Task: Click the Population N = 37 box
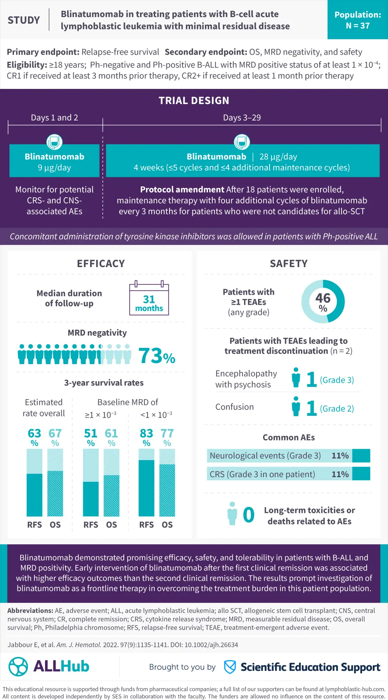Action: tap(357, 20)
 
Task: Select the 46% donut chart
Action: tap(323, 302)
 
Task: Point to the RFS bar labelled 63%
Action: tap(35, 483)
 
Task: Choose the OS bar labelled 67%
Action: tap(55, 483)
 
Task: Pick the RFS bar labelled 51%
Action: tap(91, 483)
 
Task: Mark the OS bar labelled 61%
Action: tap(111, 483)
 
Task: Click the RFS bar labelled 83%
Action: tap(146, 483)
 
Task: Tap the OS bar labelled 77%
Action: tap(167, 483)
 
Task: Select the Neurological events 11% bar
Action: tap(288, 456)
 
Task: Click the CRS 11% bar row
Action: tap(288, 474)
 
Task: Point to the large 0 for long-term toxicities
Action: tap(248, 515)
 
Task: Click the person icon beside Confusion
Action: tap(296, 406)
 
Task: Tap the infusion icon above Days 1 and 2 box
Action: tap(54, 142)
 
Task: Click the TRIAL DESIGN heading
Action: tap(194, 101)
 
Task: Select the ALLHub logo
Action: tap(49, 667)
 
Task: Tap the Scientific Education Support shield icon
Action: tap(230, 667)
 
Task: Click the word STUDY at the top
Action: tap(24, 20)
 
